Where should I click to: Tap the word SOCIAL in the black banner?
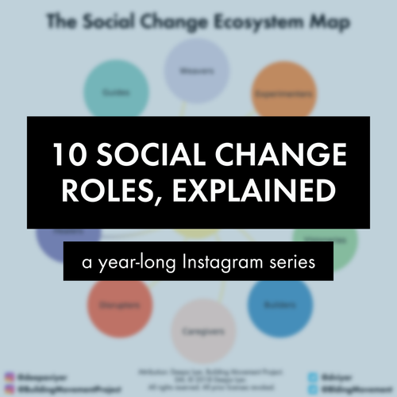[158, 154]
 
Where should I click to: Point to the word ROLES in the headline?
[107, 193]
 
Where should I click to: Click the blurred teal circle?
[111, 91]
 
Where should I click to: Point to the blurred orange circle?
[286, 91]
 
